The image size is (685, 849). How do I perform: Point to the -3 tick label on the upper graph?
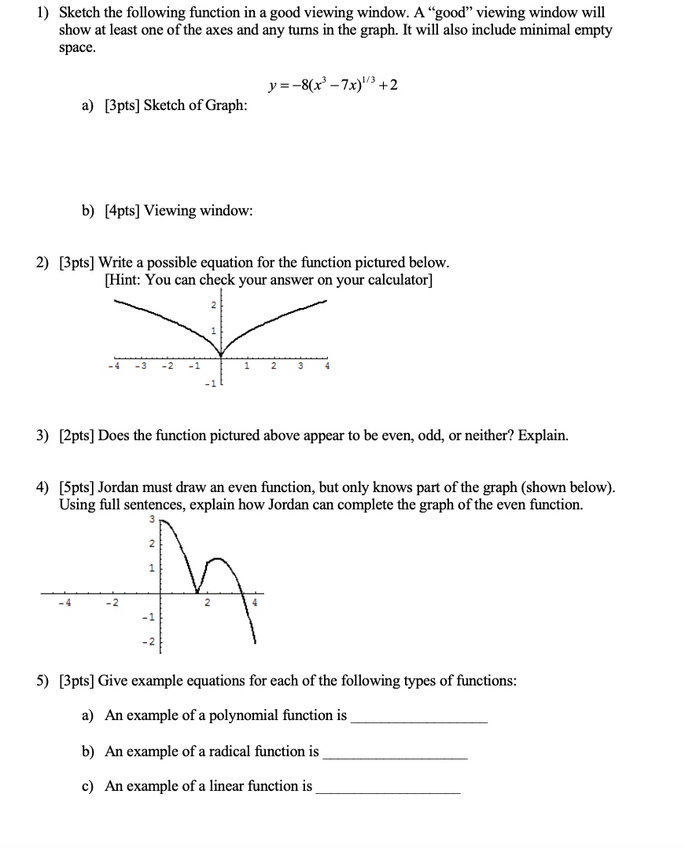point(141,366)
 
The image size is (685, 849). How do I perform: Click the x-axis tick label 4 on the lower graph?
point(252,603)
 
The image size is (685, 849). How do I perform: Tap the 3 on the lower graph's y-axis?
point(152,519)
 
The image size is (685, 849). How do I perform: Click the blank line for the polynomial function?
point(418,722)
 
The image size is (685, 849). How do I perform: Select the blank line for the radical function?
point(395,758)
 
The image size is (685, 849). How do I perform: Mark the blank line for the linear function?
point(388,792)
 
